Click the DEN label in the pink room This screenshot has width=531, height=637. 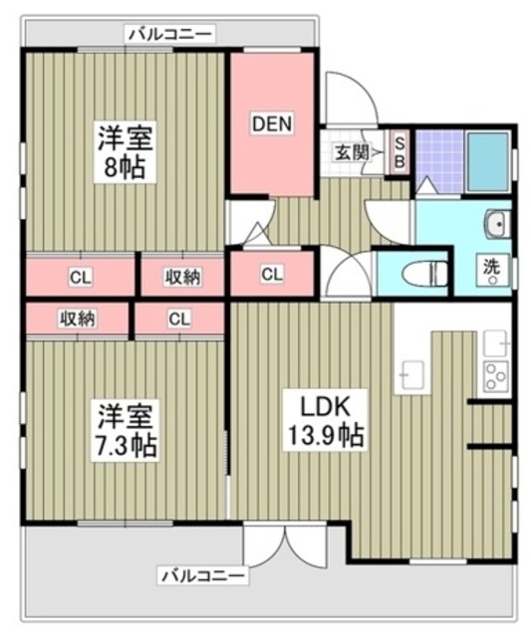pyautogui.click(x=271, y=124)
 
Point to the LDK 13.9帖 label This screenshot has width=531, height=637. pyautogui.click(x=326, y=419)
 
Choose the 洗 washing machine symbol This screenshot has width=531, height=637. pyautogui.click(x=492, y=269)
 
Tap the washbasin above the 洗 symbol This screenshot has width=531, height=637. pyautogui.click(x=495, y=224)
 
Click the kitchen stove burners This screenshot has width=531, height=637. pyautogui.click(x=494, y=376)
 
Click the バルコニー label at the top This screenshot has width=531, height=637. pyautogui.click(x=169, y=34)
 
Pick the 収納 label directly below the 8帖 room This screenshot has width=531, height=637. pyautogui.click(x=182, y=276)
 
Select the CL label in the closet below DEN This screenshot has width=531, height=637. pyautogui.click(x=271, y=274)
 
